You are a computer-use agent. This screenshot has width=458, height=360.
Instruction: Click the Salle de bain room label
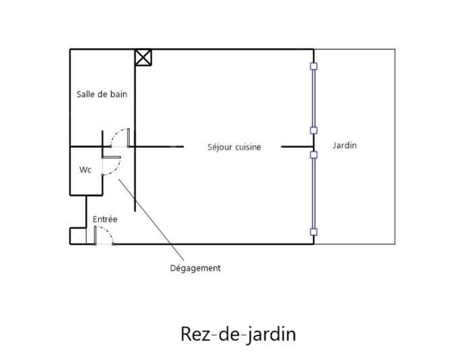coord(102,94)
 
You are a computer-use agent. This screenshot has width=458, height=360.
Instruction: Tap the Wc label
coord(85,170)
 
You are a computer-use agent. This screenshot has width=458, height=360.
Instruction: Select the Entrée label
coord(105,219)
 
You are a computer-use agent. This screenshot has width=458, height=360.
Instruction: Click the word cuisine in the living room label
coord(248,147)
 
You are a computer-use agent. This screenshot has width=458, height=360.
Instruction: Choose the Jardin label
coord(345,145)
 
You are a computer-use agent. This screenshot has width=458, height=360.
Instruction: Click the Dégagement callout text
coord(195,268)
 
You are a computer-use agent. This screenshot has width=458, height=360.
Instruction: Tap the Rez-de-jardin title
coord(238,334)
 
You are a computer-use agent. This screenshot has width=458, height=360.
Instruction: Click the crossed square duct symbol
coord(143,57)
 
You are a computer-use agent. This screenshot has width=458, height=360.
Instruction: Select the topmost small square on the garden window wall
coord(314,66)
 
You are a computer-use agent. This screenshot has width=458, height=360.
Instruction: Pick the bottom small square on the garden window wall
coord(314,232)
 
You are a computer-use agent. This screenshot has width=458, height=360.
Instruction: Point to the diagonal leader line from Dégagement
coord(150,218)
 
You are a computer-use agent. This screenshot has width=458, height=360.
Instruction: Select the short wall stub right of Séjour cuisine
coord(297,146)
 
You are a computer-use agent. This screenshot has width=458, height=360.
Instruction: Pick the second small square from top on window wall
coord(314,130)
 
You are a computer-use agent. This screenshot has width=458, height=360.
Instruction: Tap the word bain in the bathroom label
coord(119,94)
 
